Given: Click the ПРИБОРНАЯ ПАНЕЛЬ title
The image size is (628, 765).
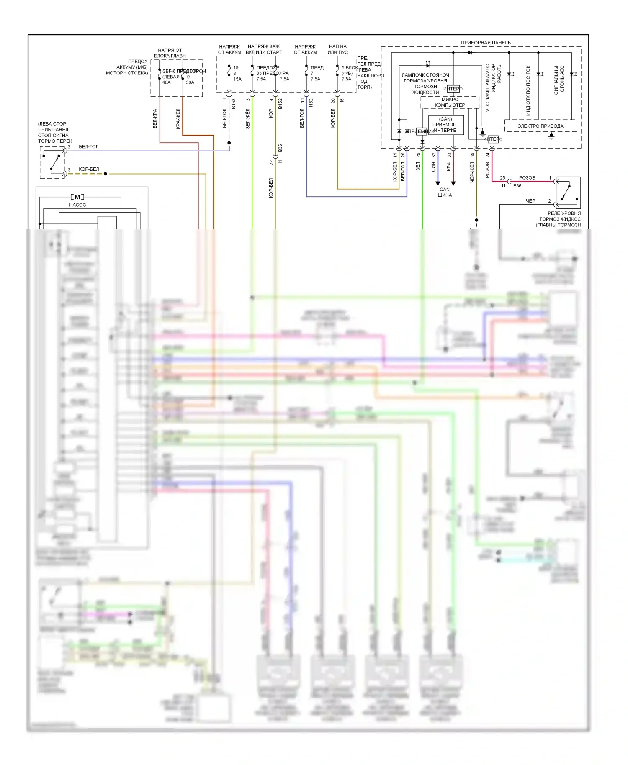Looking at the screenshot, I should tap(486, 43).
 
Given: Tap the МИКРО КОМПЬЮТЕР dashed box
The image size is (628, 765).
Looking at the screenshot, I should tap(450, 103).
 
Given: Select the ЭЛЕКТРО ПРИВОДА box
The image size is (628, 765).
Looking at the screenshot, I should tap(540, 126).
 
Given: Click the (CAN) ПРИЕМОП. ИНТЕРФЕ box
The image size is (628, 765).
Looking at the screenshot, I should tap(445, 125).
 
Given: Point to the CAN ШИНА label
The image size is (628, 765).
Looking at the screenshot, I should tap(445, 192).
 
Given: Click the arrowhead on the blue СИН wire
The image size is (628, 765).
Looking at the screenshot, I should tap(438, 183).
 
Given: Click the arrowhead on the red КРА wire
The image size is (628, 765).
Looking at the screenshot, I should tap(453, 183).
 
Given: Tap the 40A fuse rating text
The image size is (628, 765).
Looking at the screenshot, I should tap(167, 82).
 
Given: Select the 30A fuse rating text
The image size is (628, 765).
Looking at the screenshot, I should tap(190, 82).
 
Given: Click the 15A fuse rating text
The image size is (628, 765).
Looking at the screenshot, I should tap(237, 79).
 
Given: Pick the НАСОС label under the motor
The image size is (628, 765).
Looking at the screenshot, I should tap(77, 205).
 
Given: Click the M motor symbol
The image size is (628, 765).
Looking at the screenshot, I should tap(77, 197).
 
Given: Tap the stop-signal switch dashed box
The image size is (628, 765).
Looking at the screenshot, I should tap(53, 162).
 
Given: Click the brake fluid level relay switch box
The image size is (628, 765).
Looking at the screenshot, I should tap(568, 193).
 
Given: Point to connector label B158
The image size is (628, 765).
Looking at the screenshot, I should tap(234, 104).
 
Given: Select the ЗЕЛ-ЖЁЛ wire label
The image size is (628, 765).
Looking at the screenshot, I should tap(247, 118).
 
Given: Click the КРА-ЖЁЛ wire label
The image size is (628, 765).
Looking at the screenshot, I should tap(178, 119).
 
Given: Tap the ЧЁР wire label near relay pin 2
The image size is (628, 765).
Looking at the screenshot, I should tap(530, 201).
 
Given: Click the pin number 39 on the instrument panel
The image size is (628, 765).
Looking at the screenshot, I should tap(472, 155).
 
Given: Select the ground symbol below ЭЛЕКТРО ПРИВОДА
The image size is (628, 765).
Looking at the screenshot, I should tap(551, 136).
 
